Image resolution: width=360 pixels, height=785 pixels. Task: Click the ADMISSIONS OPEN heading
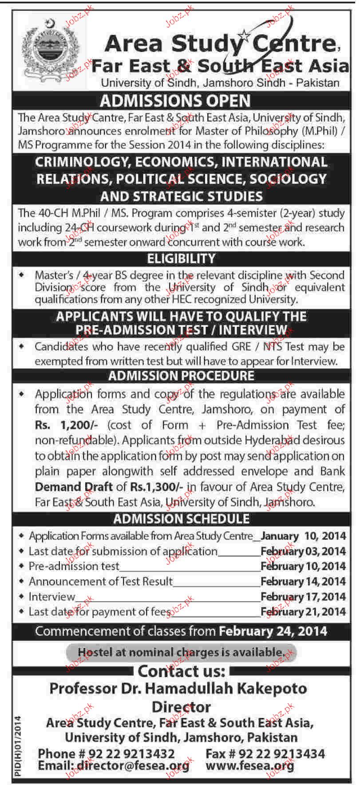point(175,101)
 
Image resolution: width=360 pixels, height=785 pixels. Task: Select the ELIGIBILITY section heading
point(182,258)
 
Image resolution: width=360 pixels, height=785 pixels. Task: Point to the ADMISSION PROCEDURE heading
point(182,376)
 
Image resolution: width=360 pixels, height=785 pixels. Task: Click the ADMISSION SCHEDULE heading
point(182,519)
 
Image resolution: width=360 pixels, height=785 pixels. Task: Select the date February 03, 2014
point(303,551)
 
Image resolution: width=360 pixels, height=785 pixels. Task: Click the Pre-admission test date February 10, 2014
point(303,566)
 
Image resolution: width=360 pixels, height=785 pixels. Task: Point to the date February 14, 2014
point(303,581)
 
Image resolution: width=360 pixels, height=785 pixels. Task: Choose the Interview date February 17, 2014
point(303,596)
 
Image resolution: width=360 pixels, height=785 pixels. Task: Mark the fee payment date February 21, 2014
point(303,611)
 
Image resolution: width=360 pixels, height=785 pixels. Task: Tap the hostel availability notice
point(181,652)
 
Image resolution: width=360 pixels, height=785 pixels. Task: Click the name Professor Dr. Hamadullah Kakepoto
point(178,689)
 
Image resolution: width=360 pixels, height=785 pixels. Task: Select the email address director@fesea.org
point(133,765)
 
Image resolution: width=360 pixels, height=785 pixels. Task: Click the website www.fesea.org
point(250,765)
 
